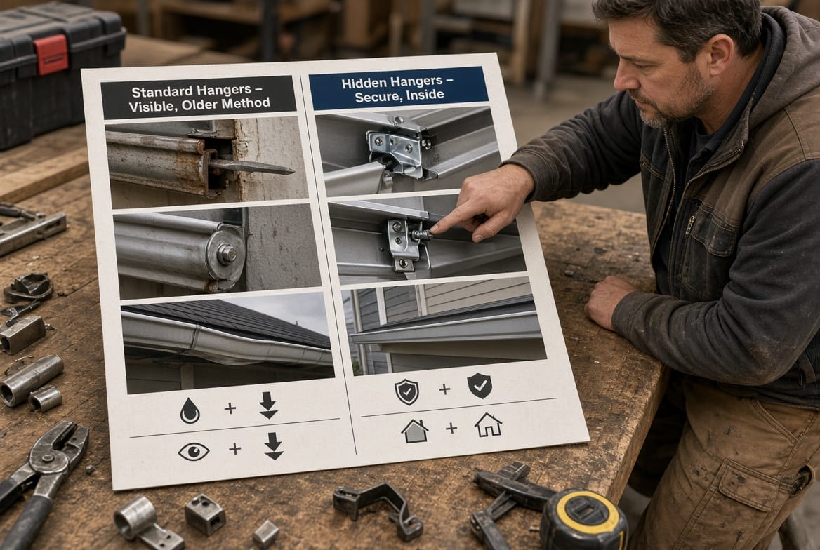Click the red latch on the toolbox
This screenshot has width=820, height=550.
pos(51,54)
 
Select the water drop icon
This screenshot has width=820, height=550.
pos(190,410)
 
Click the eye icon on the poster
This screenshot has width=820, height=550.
pos(194,452)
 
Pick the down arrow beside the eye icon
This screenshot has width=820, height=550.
pos(274,446)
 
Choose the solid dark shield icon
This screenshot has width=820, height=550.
pos(480,386)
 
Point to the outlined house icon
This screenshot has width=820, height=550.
pos(489,424)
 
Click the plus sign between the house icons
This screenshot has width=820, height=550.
pos(451,429)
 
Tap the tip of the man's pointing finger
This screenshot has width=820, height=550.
pos(434,229)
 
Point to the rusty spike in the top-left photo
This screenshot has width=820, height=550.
pos(251,167)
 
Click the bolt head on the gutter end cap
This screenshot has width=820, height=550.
pos(227,254)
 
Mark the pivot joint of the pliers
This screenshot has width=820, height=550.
pos(48,458)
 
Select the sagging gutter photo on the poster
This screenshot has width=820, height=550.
pos(227,342)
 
